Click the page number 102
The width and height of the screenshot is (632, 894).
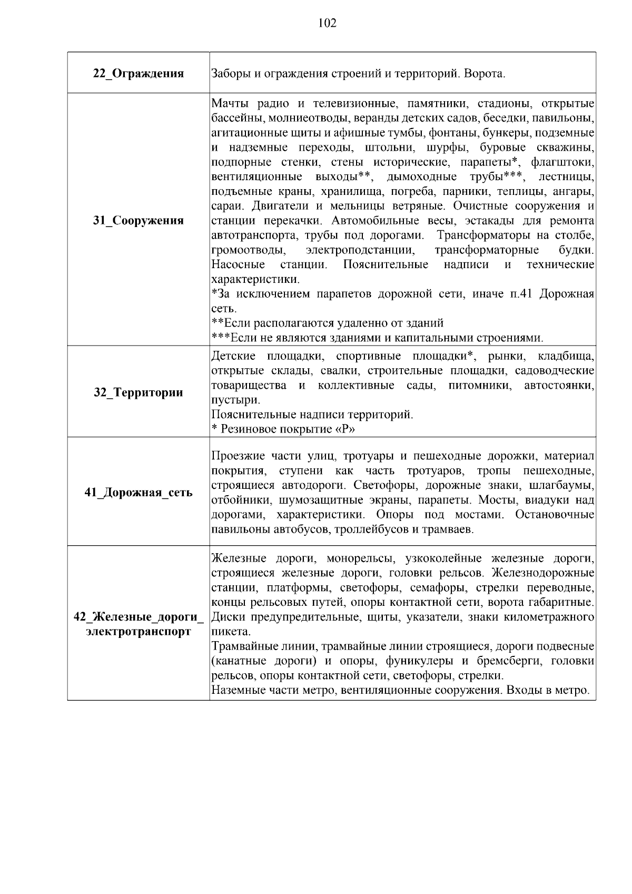click(327, 23)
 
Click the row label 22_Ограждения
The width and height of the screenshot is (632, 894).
click(139, 74)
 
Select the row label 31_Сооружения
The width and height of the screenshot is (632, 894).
click(139, 220)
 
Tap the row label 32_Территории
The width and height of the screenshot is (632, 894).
click(139, 392)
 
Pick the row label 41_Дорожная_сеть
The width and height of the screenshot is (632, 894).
click(139, 493)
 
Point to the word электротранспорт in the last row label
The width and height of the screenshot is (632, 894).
click(139, 632)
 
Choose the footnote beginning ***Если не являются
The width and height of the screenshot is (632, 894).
click(377, 338)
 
